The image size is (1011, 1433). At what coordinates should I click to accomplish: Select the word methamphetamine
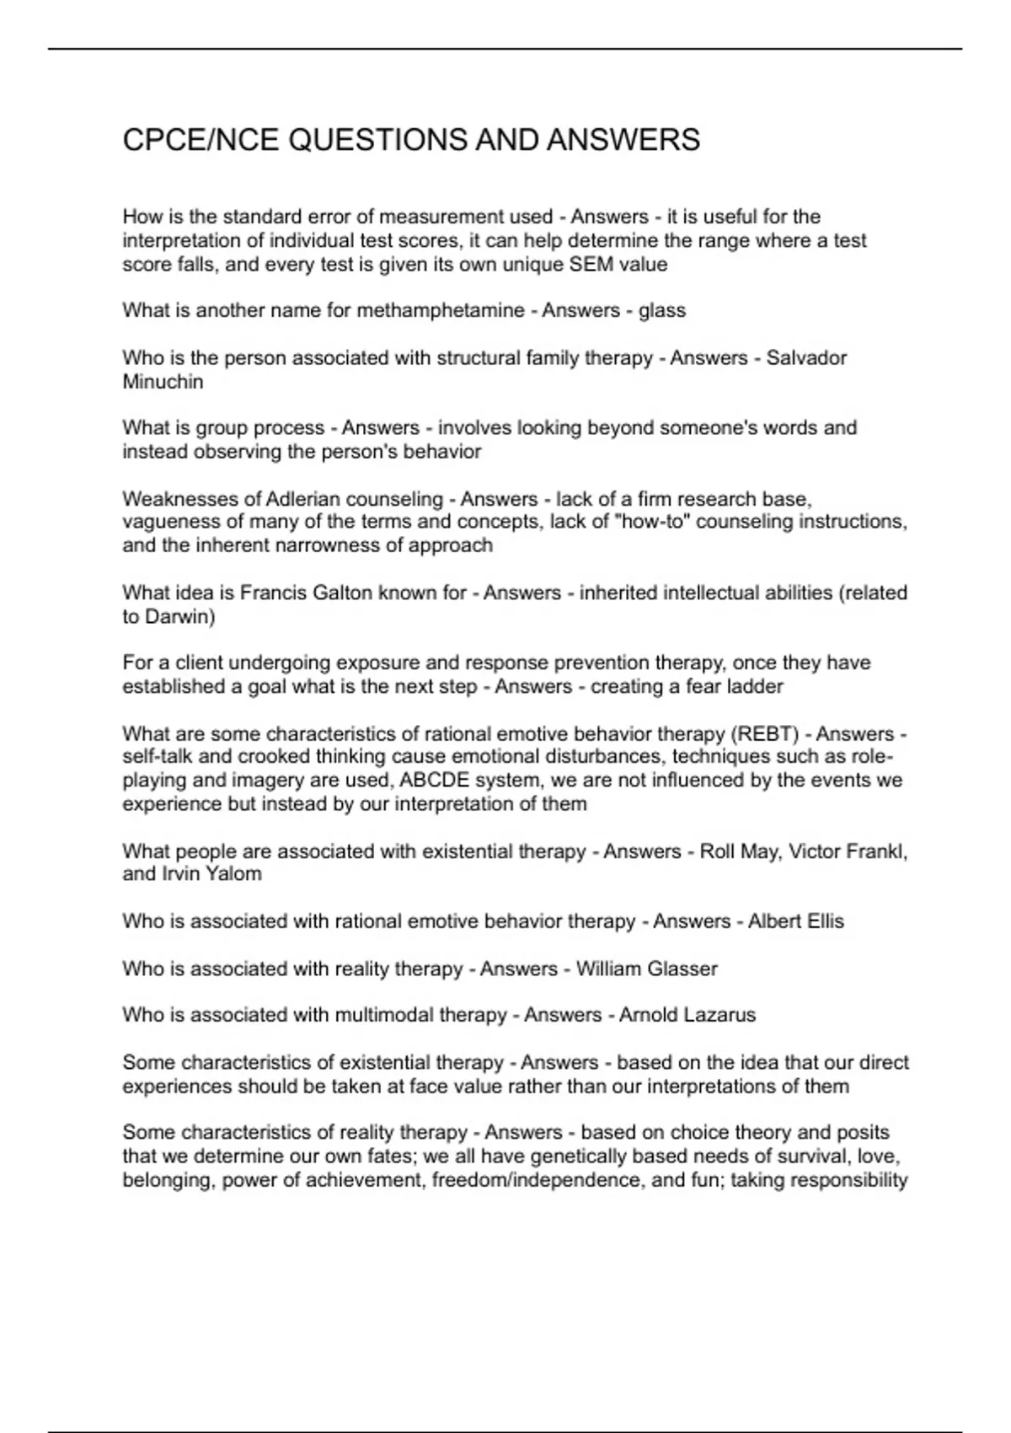(x=441, y=311)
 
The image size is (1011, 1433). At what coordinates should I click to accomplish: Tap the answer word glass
(x=662, y=311)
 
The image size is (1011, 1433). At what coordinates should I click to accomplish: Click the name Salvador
(x=806, y=358)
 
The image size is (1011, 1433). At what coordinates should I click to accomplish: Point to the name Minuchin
(x=163, y=382)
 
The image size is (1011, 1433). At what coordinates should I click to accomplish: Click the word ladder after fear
(x=756, y=687)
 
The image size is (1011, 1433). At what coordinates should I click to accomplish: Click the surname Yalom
(x=234, y=874)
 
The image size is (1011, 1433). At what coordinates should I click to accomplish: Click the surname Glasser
(x=682, y=969)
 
